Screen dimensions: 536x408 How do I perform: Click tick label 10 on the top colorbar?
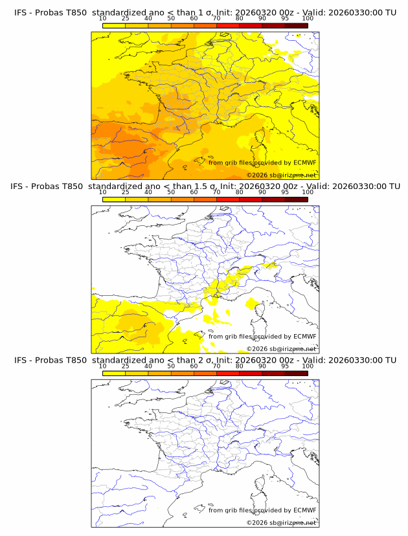(103, 19)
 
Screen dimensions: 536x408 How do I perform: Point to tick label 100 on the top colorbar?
(308, 19)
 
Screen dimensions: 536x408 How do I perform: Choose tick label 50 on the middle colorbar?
(171, 192)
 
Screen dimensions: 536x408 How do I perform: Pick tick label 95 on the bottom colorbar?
(285, 366)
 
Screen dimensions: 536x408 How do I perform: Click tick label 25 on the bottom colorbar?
(126, 366)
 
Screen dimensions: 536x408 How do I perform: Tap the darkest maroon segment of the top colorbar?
(296, 25)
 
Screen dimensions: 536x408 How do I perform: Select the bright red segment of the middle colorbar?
(251, 199)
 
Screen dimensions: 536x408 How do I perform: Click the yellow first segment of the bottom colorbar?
(114, 374)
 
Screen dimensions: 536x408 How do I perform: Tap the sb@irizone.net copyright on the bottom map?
(281, 522)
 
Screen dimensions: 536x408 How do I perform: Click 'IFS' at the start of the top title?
(22, 12)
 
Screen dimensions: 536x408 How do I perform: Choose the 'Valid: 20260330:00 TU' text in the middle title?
(353, 186)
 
